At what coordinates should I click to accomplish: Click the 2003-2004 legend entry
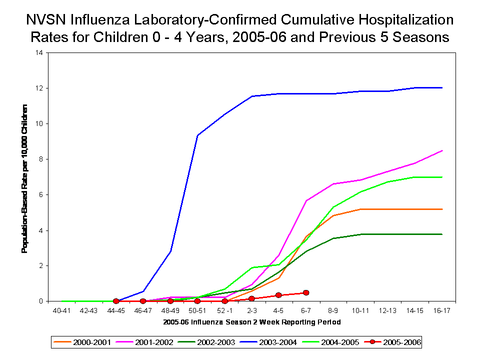pyautogui.click(x=274, y=342)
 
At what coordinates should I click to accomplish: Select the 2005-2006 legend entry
pyautogui.click(x=395, y=342)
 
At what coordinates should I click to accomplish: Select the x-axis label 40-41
pyautogui.click(x=61, y=310)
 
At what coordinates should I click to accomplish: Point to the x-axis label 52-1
pyautogui.click(x=224, y=310)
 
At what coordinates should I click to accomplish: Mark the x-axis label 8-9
pyautogui.click(x=333, y=310)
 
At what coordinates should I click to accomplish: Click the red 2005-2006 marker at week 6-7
pyautogui.click(x=306, y=292)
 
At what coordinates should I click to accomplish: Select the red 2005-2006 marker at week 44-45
pyautogui.click(x=116, y=301)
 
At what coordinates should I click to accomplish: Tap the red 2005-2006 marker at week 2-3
pyautogui.click(x=251, y=298)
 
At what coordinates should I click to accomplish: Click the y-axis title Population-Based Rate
pyautogui.click(x=24, y=178)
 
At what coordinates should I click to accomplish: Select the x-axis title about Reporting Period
pyautogui.click(x=251, y=322)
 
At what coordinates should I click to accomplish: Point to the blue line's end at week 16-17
pyautogui.click(x=442, y=87)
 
